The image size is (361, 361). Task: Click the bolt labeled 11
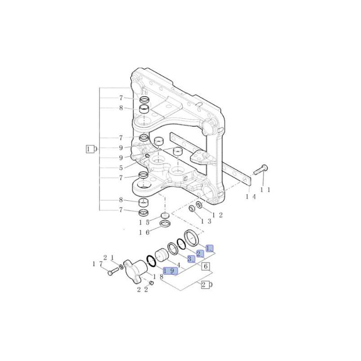click(x=261, y=170)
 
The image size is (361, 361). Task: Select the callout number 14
click(x=251, y=197)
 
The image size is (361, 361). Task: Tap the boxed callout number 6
click(x=206, y=266)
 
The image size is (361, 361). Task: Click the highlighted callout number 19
click(x=170, y=271)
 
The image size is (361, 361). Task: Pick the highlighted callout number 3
click(x=190, y=259)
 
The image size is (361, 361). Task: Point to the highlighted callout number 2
click(x=200, y=254)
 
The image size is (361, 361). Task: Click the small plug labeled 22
click(x=151, y=282)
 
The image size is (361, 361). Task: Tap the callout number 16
click(x=144, y=232)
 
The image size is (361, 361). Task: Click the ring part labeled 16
click(x=165, y=223)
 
